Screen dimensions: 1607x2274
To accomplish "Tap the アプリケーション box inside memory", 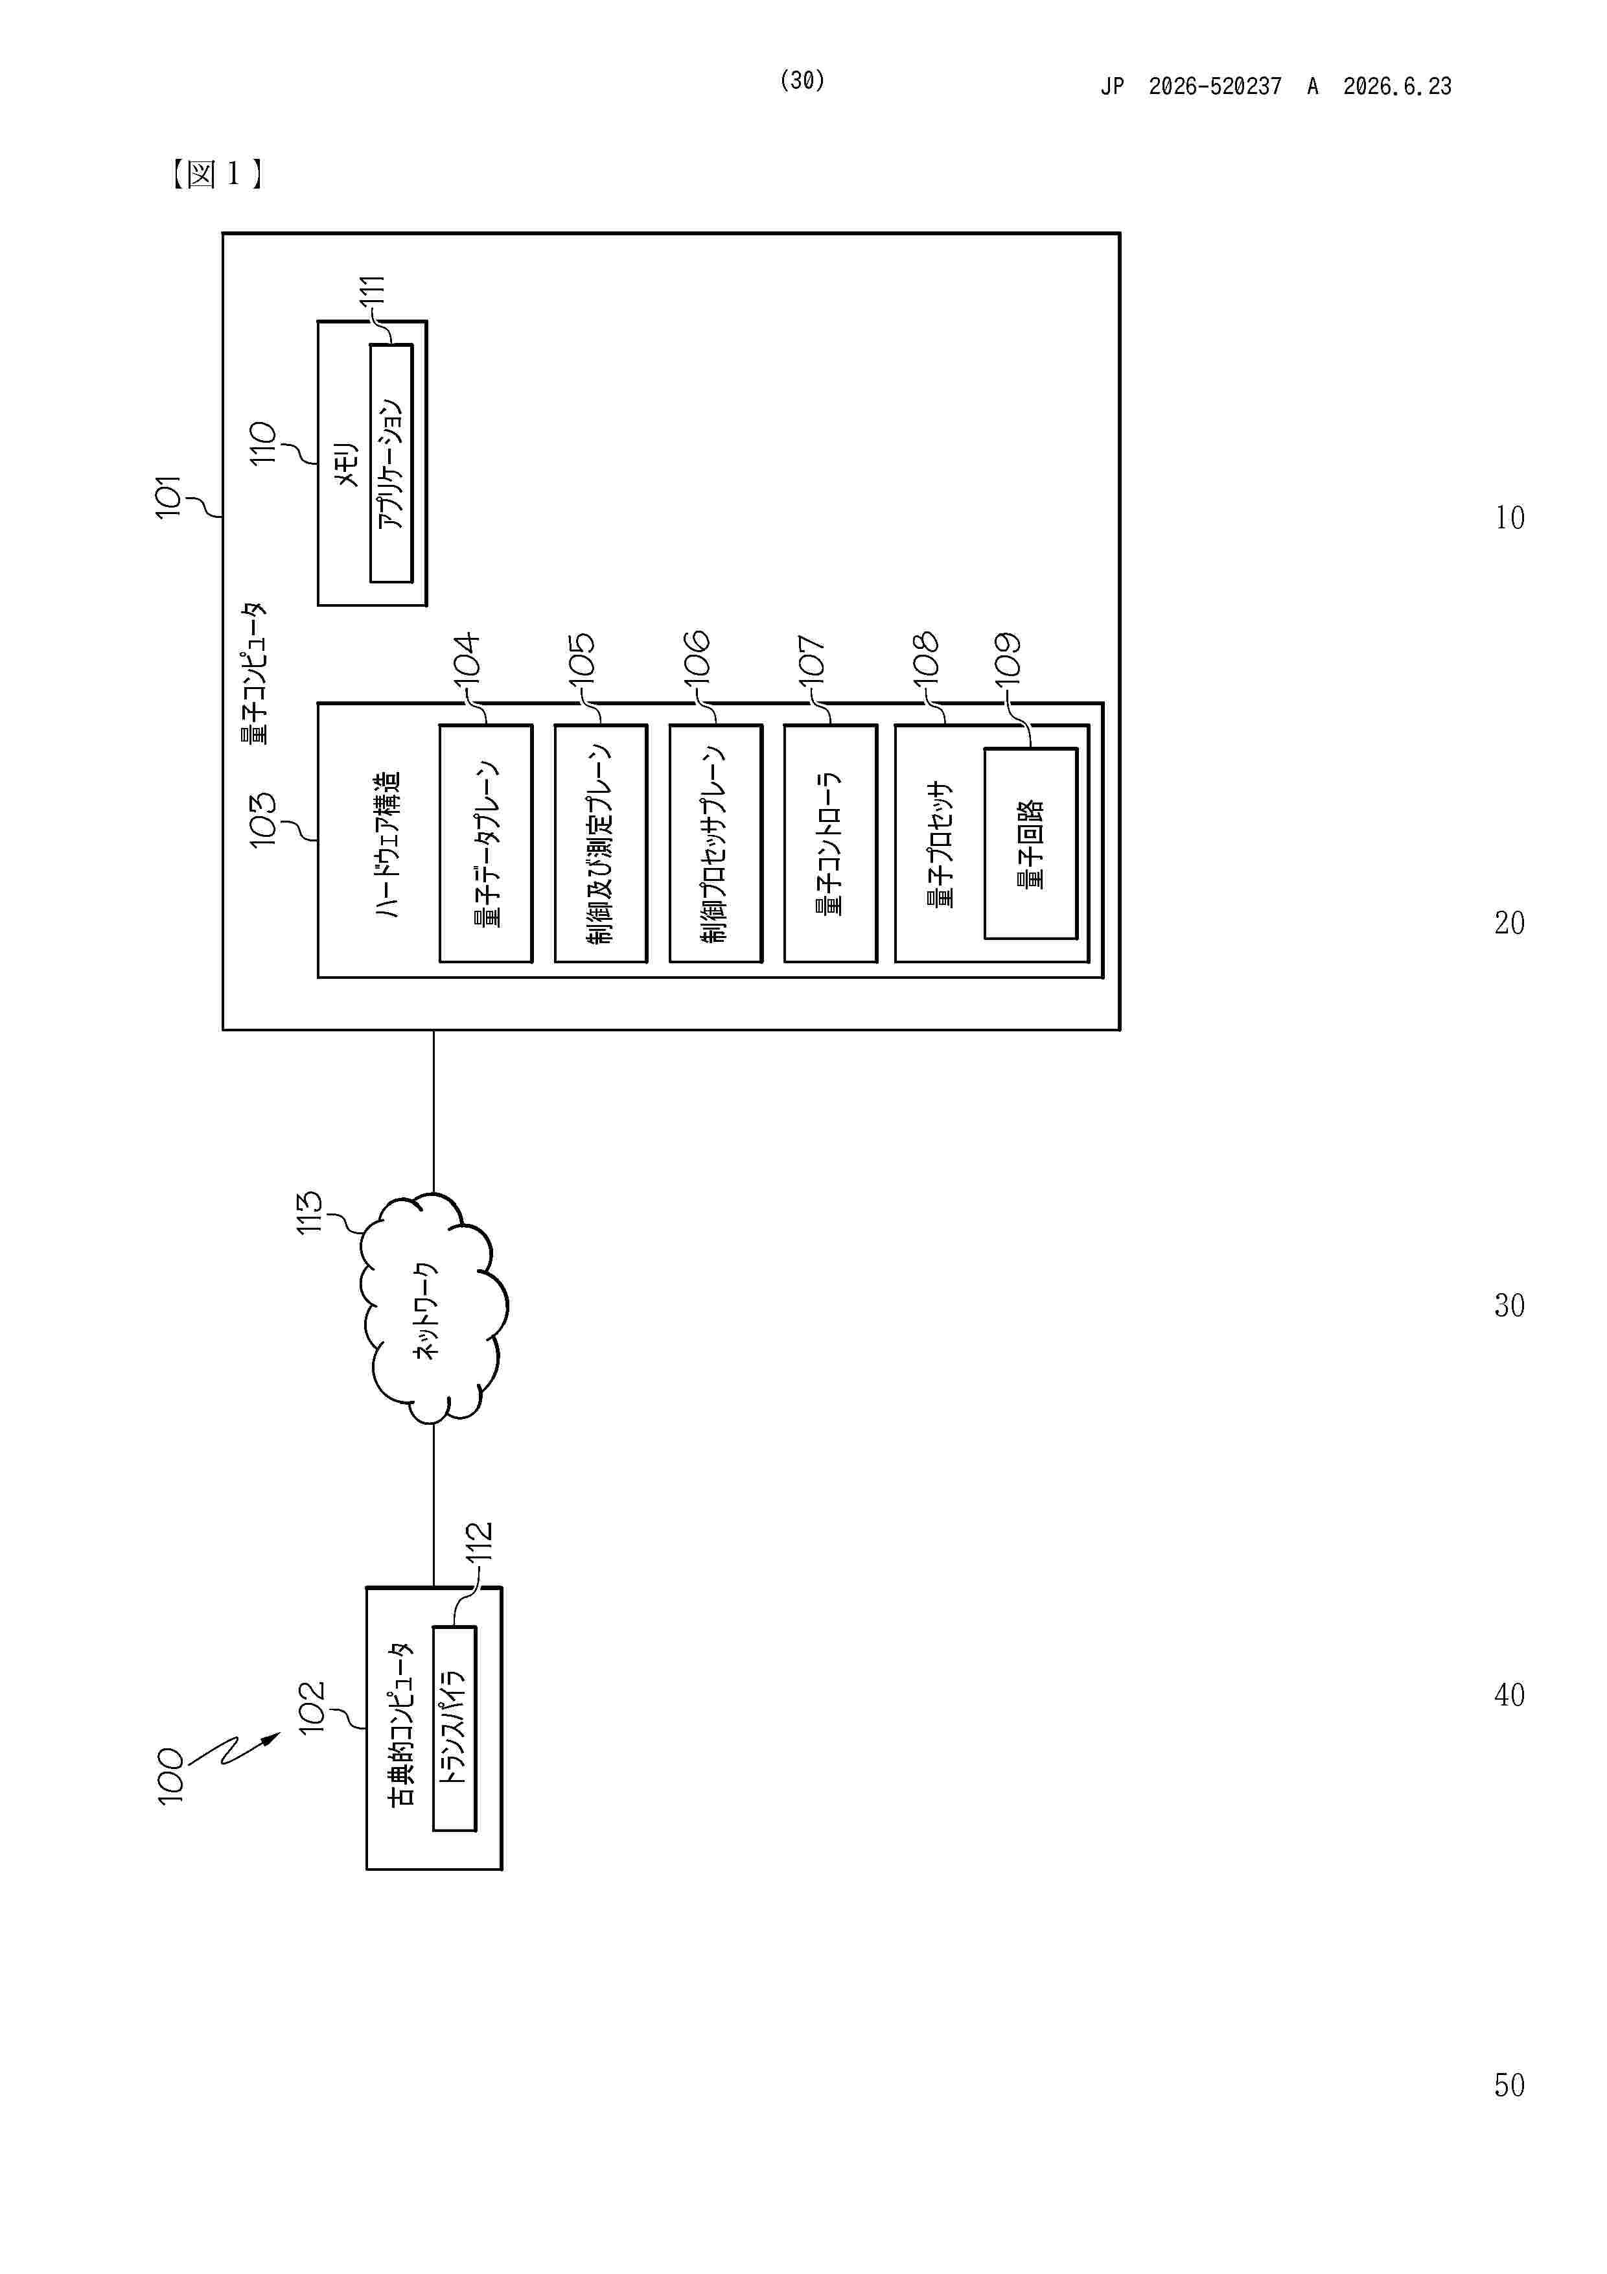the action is point(391,463).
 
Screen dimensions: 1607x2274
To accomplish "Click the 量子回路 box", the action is point(1031,843).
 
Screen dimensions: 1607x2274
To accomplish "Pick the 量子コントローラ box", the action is point(831,843).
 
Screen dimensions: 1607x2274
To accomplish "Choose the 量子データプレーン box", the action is point(486,843).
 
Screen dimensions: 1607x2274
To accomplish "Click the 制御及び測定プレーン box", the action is point(601,843).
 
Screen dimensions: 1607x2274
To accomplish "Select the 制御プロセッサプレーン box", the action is point(716,843).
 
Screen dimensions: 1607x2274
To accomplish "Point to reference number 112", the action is point(480,1542).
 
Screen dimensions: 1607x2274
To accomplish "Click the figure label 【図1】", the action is point(216,174).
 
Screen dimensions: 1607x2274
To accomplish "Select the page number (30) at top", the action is point(802,80).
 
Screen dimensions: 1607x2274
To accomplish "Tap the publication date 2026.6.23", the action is point(1397,86).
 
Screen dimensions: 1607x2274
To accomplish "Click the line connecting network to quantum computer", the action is point(434,1111).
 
